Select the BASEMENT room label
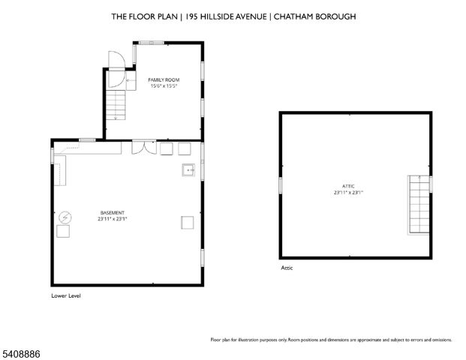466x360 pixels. (x=113, y=212)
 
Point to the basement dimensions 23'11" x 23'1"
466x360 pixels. (x=113, y=219)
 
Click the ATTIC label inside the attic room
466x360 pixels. (x=348, y=186)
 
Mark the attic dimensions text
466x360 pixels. (x=348, y=193)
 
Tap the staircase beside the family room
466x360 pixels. (x=116, y=104)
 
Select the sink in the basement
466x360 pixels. (x=188, y=171)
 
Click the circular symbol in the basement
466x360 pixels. (x=65, y=217)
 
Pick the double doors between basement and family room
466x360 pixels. (x=140, y=147)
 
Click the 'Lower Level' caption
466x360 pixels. (x=65, y=296)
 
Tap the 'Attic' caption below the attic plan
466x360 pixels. (x=287, y=267)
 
